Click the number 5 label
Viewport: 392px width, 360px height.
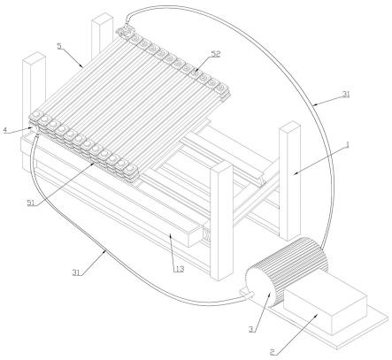[59, 46]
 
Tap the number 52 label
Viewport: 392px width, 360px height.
[216, 54]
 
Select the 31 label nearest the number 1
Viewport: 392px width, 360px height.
[346, 94]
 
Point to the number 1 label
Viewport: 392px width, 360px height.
[348, 144]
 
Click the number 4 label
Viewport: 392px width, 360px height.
[5, 130]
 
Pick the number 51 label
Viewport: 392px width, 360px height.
[31, 203]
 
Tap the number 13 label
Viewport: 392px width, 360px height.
[179, 269]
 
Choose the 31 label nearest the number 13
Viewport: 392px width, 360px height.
[76, 272]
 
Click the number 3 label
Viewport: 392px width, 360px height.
[251, 329]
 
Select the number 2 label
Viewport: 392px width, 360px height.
[273, 352]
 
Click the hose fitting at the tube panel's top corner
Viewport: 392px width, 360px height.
[125, 32]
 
